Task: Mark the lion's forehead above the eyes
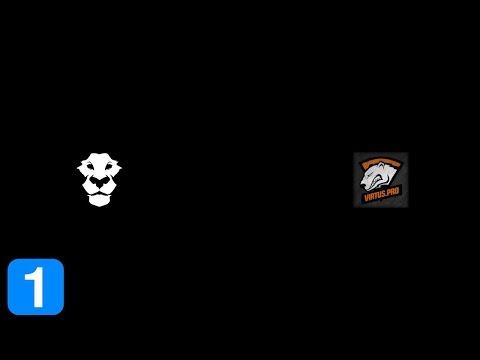point(99,163)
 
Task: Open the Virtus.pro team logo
point(380,180)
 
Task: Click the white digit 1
point(36,287)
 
